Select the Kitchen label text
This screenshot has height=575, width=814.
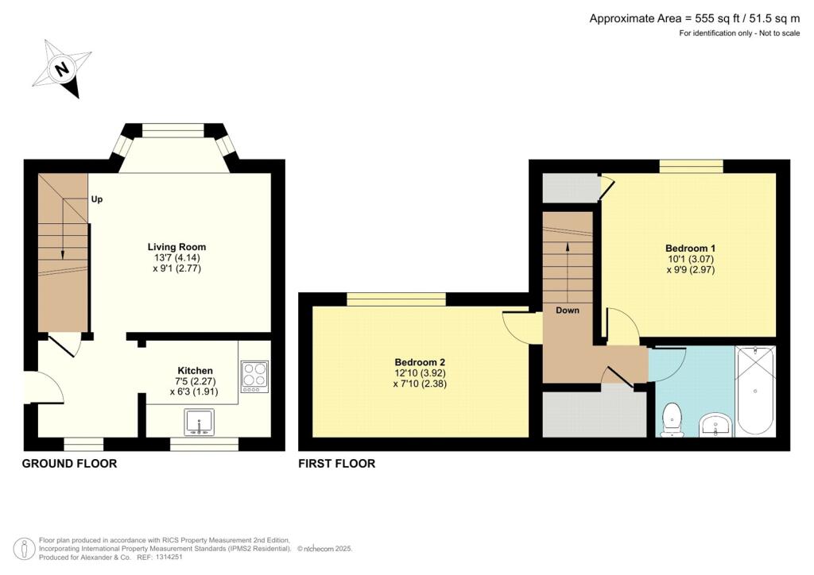pyautogui.click(x=195, y=371)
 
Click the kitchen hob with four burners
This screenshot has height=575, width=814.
pyautogui.click(x=254, y=376)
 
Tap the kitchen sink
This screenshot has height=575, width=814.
pyautogui.click(x=198, y=422)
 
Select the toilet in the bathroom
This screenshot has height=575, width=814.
pyautogui.click(x=673, y=419)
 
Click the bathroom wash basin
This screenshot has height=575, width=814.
pyautogui.click(x=716, y=426)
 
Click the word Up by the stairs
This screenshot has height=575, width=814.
pyautogui.click(x=97, y=199)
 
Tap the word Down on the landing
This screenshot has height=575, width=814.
pyautogui.click(x=568, y=311)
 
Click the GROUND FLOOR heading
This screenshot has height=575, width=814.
pyautogui.click(x=69, y=464)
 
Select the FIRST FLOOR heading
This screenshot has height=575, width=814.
pyautogui.click(x=336, y=464)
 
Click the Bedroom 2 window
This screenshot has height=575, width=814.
pyautogui.click(x=396, y=299)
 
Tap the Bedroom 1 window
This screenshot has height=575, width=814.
pyautogui.click(x=691, y=165)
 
